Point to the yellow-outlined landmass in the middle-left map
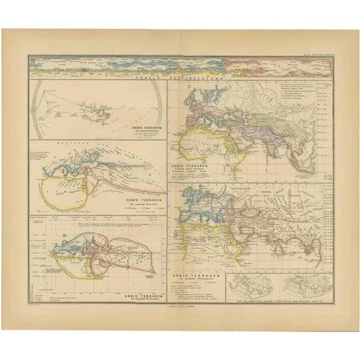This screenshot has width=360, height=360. [x=66, y=185]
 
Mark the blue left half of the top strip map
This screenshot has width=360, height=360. [x=127, y=64]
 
